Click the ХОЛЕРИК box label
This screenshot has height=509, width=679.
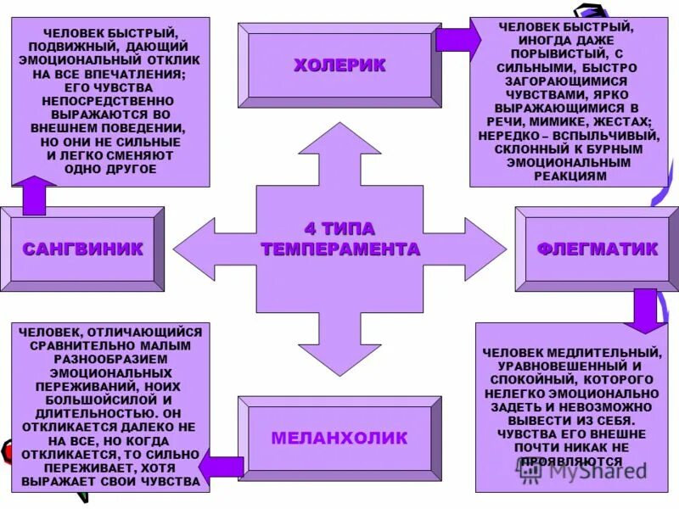(x=339, y=65)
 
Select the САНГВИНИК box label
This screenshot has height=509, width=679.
(x=82, y=249)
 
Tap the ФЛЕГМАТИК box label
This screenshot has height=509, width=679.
(x=597, y=249)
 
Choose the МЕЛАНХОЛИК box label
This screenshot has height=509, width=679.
(x=339, y=439)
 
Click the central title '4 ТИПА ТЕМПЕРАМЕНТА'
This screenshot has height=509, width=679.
(x=339, y=239)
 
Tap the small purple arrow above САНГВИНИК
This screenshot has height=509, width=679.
(x=34, y=195)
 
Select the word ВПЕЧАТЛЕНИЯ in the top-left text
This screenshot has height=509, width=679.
(x=140, y=74)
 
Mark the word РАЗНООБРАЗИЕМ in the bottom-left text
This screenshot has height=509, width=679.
(x=110, y=359)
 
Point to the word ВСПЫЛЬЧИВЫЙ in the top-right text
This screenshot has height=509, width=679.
(x=609, y=136)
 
